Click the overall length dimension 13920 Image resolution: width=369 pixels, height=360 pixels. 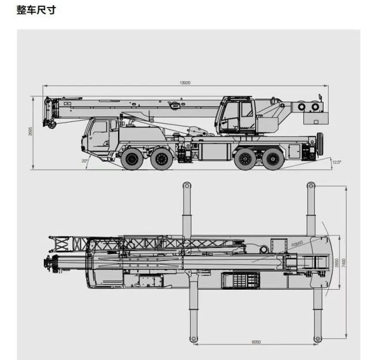point(185,83)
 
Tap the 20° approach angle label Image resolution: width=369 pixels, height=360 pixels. point(85,161)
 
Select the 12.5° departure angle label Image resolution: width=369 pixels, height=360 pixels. point(337,162)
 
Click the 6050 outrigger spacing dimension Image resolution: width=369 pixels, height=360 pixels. point(256,342)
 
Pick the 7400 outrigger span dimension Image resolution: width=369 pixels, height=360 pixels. point(343,262)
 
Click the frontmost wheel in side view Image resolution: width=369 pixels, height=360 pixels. point(132,159)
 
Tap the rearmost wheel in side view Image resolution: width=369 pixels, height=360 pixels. point(273,159)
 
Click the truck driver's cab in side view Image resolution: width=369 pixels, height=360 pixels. point(100,136)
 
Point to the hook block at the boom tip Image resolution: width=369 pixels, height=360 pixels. point(50,123)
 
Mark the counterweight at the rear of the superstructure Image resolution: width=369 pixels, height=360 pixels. point(313,118)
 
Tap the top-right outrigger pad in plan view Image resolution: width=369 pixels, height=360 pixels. point(311,186)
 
